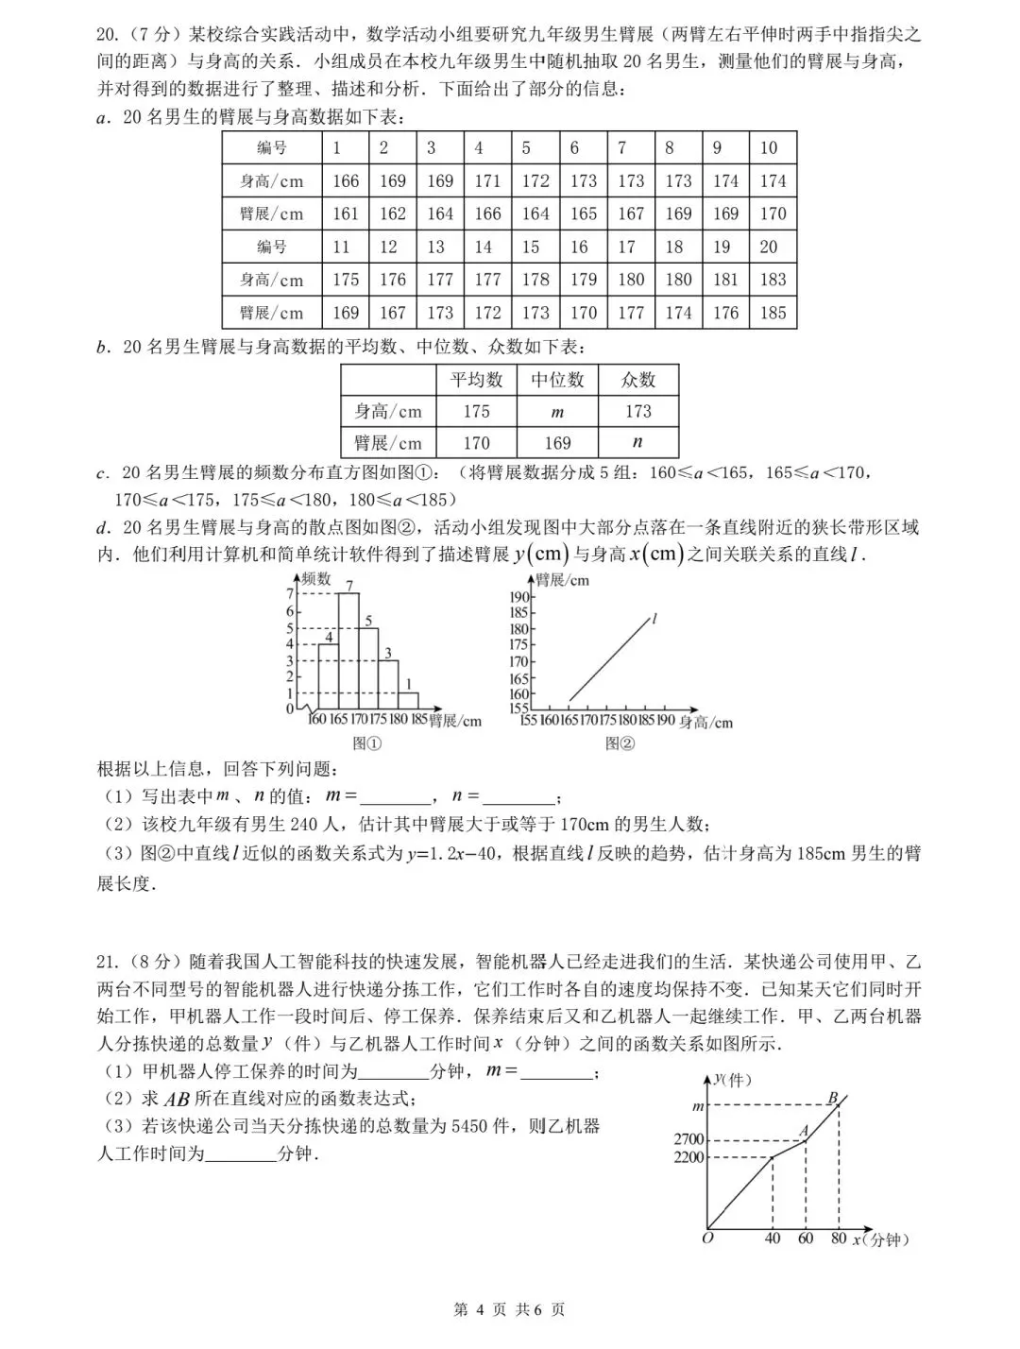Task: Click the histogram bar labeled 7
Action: click(348, 651)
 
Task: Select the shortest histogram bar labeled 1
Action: click(409, 700)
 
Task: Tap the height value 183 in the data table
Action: click(773, 280)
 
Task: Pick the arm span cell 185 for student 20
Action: click(773, 313)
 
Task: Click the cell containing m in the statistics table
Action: click(557, 412)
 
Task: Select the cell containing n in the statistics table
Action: click(637, 442)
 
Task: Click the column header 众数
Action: click(637, 380)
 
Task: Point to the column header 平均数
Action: click(476, 380)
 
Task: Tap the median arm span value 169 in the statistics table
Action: click(557, 443)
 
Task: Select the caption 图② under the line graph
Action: click(620, 743)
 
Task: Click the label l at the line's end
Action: click(654, 619)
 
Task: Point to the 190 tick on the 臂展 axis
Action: click(519, 596)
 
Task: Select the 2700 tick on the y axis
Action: click(688, 1140)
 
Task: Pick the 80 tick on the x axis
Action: click(839, 1238)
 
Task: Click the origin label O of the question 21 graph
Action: click(707, 1238)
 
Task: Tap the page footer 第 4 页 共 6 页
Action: click(509, 1309)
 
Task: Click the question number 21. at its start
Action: click(107, 962)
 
